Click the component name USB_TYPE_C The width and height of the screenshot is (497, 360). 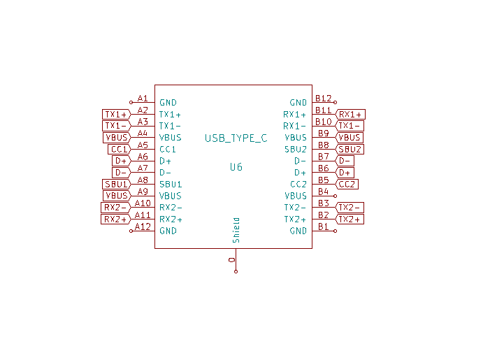236,138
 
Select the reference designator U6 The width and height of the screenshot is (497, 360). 236,167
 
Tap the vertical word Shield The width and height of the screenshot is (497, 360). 236,230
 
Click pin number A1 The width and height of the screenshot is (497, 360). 143,99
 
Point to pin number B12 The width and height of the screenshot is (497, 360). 324,99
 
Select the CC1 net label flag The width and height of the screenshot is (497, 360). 120,150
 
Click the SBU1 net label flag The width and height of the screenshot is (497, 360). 117,184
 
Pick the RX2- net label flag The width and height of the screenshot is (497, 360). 116,208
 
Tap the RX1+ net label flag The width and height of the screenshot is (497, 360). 350,115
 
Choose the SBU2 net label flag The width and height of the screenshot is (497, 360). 350,150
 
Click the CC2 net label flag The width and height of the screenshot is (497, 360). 347,184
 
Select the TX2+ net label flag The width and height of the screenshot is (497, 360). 350,219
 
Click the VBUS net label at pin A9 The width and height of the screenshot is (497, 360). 117,196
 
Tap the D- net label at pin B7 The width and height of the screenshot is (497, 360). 345,161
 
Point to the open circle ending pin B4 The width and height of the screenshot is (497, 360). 336,196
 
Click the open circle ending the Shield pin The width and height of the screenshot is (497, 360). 236,272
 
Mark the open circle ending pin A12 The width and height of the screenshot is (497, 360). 131,231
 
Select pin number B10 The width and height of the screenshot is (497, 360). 324,122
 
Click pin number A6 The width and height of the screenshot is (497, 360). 143,157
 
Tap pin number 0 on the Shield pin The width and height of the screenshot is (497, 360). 231,260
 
